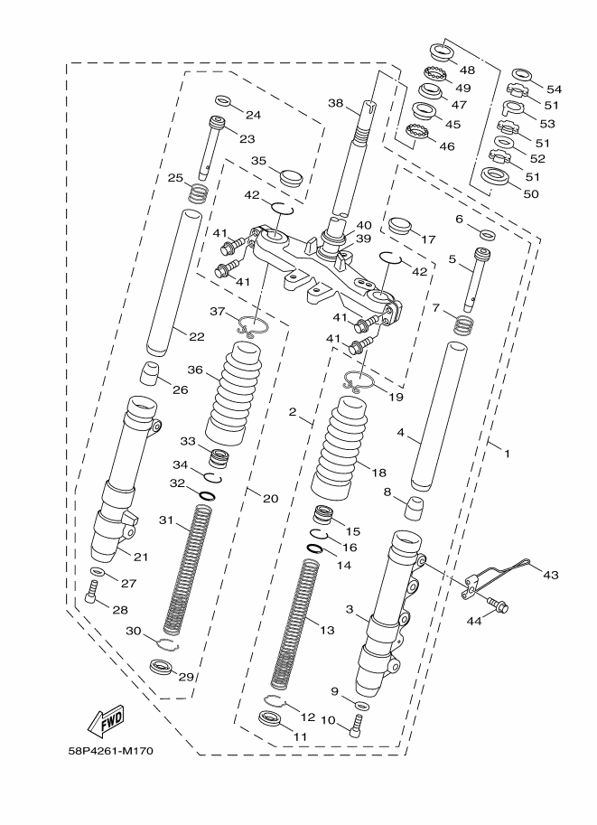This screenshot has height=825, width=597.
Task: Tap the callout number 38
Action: click(335, 105)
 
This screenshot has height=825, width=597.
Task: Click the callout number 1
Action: click(507, 454)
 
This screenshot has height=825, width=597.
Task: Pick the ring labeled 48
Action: click(439, 48)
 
